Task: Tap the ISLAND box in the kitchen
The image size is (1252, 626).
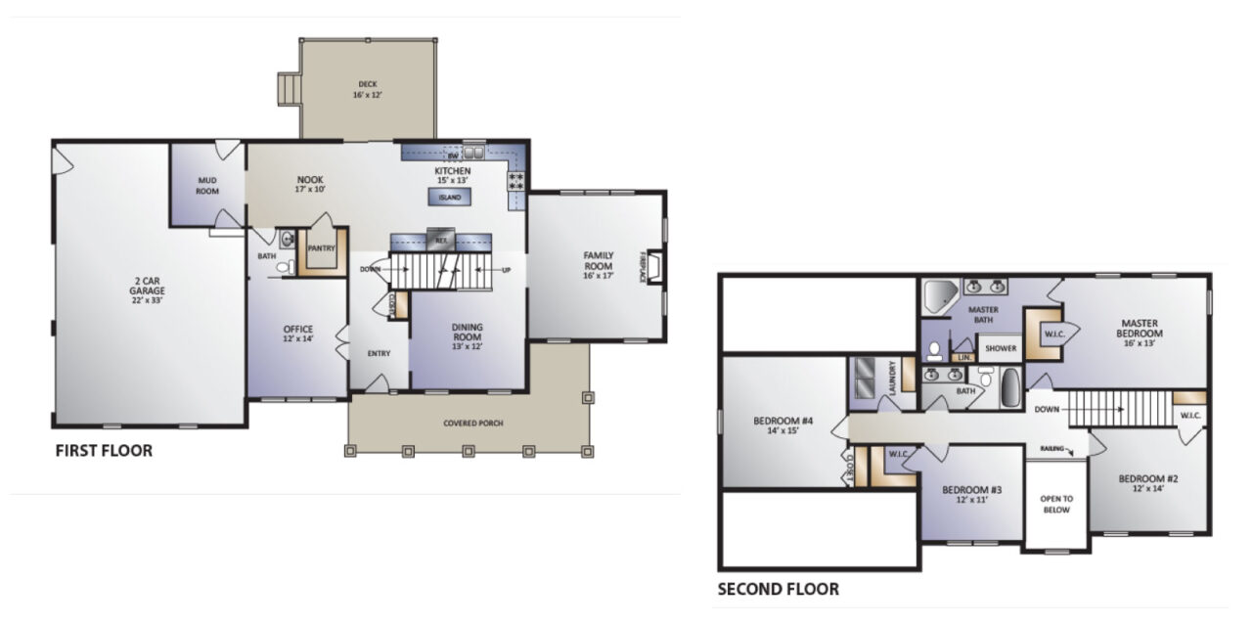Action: [449, 198]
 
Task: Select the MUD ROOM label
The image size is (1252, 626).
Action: [206, 186]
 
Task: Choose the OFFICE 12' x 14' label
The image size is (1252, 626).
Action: [297, 334]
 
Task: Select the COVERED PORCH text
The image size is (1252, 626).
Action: [467, 423]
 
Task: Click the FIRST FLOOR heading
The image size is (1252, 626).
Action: [104, 451]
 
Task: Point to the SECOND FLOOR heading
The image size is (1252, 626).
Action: [778, 589]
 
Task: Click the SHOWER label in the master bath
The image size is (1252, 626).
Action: [1000, 348]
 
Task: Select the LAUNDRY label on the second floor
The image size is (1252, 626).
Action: [893, 378]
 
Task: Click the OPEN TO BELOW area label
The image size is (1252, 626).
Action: [1055, 505]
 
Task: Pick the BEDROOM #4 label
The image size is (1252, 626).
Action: [783, 425]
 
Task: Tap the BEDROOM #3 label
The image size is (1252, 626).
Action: [971, 494]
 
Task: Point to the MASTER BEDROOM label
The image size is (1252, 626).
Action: [1140, 328]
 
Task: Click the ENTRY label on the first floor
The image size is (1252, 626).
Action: [380, 353]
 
